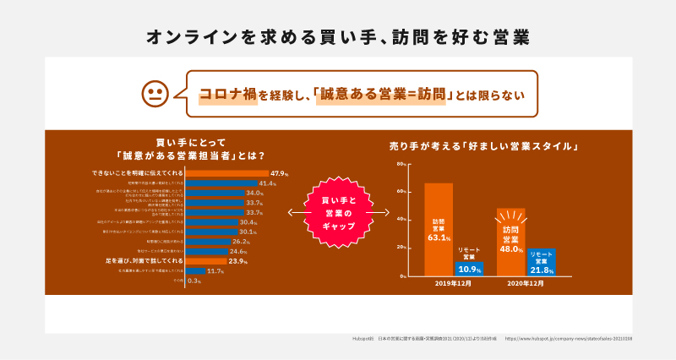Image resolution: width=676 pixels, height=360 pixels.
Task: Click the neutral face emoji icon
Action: coord(153,94)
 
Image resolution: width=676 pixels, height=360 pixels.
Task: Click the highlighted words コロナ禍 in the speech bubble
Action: coord(227,95)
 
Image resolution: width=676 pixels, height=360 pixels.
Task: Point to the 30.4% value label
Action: coord(248,222)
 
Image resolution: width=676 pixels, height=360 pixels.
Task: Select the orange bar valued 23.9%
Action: coord(205,261)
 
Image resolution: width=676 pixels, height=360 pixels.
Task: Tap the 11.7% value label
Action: coord(215,271)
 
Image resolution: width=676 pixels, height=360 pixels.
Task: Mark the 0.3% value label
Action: coord(194,281)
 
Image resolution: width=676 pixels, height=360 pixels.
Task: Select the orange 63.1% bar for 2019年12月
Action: coord(438,229)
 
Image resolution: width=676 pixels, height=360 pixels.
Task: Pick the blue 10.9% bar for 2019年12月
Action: coord(469,269)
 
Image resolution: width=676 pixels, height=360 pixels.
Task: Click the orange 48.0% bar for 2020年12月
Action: coord(510,242)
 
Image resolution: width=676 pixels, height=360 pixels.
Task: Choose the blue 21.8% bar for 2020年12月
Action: coord(542,261)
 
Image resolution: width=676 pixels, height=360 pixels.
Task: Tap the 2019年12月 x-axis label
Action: coord(453,285)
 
